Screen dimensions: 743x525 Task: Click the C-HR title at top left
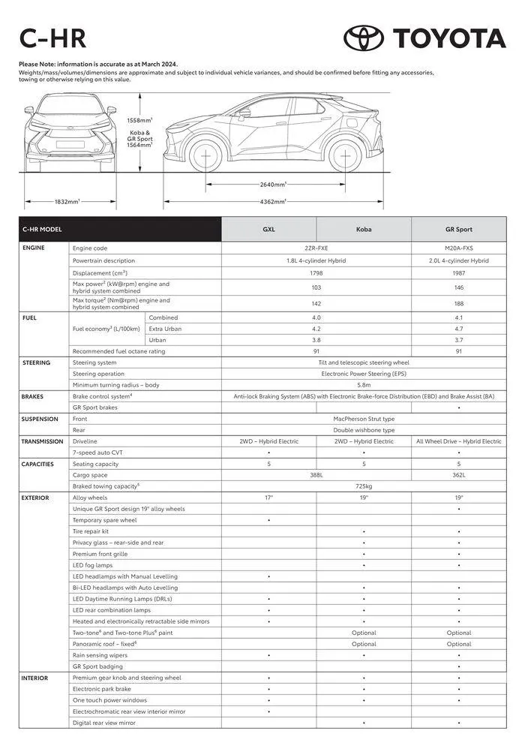click(x=52, y=38)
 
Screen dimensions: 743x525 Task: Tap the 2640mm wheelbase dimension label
click(x=273, y=184)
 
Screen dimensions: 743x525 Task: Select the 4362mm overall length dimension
click(x=273, y=201)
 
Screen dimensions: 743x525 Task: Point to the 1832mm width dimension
click(x=67, y=201)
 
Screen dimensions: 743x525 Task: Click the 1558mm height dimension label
click(x=139, y=120)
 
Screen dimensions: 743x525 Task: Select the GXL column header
click(x=268, y=230)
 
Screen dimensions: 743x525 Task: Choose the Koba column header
click(x=364, y=230)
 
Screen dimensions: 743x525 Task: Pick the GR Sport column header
click(x=458, y=230)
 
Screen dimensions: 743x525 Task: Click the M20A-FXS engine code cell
click(x=458, y=248)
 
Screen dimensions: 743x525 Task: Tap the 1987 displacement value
click(x=458, y=273)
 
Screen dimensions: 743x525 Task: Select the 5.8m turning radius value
click(x=364, y=385)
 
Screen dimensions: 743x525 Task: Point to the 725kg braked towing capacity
click(x=364, y=486)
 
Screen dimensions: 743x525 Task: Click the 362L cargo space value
click(x=458, y=475)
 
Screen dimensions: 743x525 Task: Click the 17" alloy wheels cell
click(x=268, y=498)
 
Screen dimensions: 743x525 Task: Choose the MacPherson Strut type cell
click(x=364, y=419)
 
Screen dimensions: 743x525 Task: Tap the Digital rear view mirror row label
click(x=104, y=723)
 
